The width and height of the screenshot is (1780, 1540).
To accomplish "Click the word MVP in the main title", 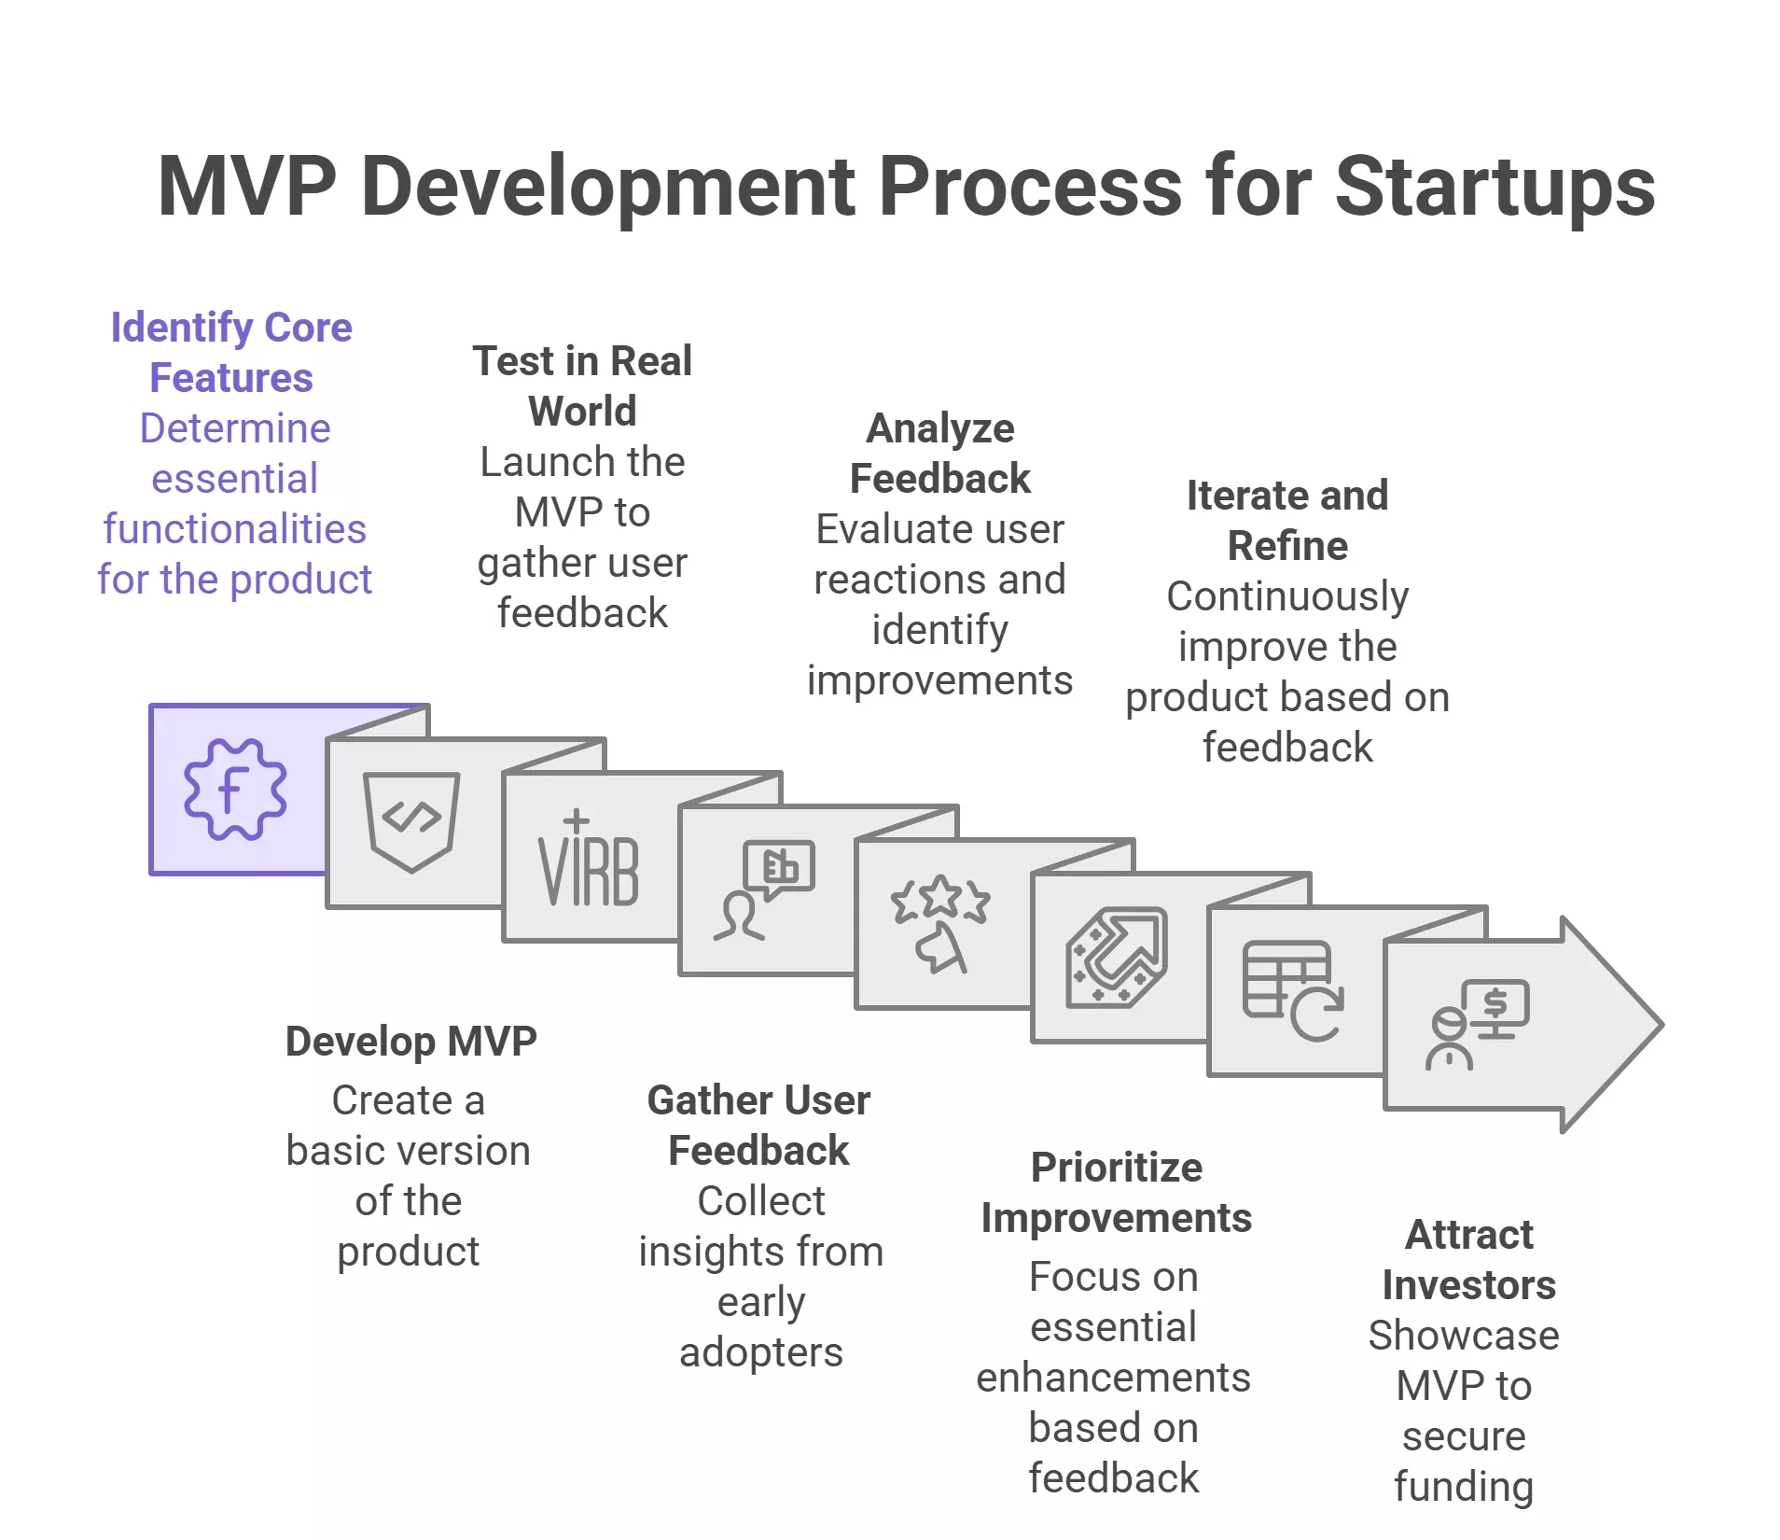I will (x=247, y=186).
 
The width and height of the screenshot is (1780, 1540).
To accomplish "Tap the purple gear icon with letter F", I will (x=235, y=789).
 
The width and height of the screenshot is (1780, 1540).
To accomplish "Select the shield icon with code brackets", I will (x=411, y=820).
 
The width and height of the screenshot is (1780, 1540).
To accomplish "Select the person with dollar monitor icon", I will (x=1477, y=1024).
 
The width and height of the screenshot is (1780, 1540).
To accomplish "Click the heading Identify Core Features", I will (x=231, y=353).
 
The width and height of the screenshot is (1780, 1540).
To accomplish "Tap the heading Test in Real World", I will (x=582, y=385).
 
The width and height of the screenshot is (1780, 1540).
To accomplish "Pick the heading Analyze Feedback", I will (x=939, y=453).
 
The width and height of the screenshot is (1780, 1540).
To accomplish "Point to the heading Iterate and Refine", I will (x=1287, y=520).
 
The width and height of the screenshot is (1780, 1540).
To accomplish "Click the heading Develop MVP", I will (x=410, y=1041).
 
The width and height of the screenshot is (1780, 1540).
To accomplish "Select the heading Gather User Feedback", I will (x=758, y=1125).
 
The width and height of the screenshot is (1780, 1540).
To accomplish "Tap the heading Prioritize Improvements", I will (x=1116, y=1192).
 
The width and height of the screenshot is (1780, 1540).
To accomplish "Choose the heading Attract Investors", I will (x=1468, y=1259).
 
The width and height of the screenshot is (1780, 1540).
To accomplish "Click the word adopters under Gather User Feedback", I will (x=760, y=1351).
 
